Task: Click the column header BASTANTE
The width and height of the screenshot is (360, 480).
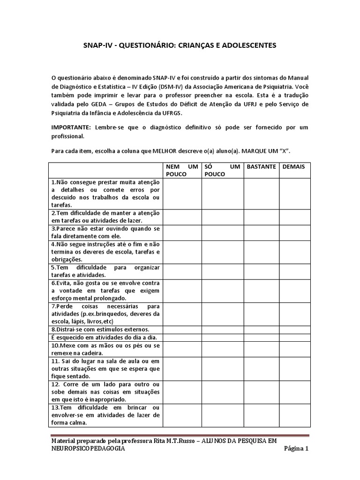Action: pyautogui.click(x=261, y=166)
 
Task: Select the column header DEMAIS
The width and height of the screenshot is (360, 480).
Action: pyautogui.click(x=294, y=166)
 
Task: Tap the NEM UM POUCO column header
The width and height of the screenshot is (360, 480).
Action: pyautogui.click(x=182, y=170)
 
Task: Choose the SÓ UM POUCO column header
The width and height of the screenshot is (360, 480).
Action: pyautogui.click(x=222, y=170)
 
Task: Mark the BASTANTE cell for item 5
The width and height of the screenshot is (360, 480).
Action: pyautogui.click(x=261, y=271)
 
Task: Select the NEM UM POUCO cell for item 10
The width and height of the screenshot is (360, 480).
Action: pyautogui.click(x=182, y=349)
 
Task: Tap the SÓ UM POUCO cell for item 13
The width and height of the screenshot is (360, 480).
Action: pyautogui.click(x=222, y=415)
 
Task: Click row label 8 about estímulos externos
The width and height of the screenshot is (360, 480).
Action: pyautogui.click(x=100, y=330)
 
